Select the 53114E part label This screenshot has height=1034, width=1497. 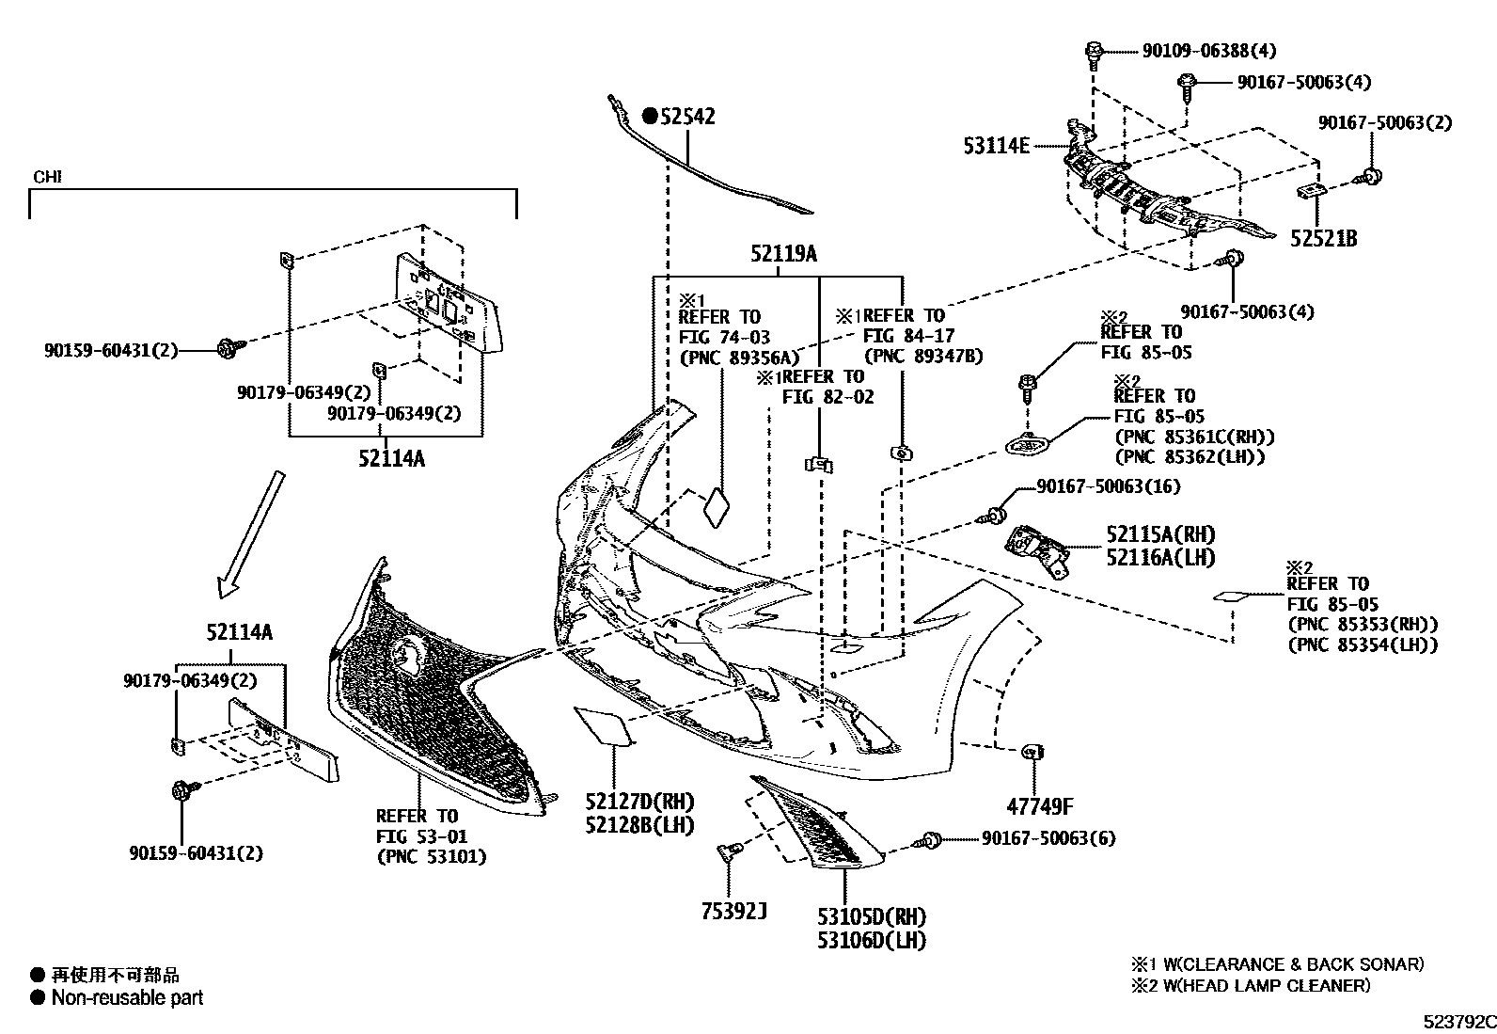click(x=996, y=146)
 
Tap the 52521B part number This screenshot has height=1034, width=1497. click(x=1323, y=239)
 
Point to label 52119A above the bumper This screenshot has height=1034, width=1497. click(x=783, y=254)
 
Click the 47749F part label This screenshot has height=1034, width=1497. click(x=1039, y=806)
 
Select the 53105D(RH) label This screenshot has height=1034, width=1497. click(x=871, y=917)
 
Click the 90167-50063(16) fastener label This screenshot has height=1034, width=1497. click(x=1109, y=486)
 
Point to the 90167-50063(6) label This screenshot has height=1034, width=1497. click(x=1048, y=838)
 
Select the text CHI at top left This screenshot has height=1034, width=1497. click(x=47, y=177)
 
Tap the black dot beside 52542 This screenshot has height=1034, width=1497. click(x=650, y=117)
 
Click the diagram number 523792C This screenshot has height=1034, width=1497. click(x=1457, y=1022)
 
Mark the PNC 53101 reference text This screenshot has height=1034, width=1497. click(x=432, y=856)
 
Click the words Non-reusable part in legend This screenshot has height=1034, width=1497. click(x=127, y=997)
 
